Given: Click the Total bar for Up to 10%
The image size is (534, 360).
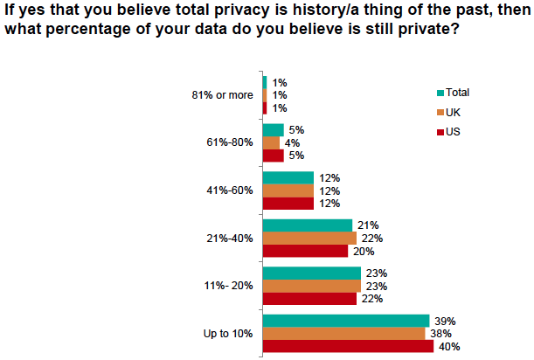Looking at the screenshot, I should pos(346,321).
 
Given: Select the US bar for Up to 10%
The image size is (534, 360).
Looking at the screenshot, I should pos(348,346).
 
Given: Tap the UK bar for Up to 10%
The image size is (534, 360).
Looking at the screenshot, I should pos(344,334).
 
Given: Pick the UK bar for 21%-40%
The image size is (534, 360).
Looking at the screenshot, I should pos(309,238).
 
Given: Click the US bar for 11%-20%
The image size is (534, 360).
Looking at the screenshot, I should pos(309,298).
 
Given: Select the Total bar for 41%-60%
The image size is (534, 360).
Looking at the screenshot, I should pos(288,177).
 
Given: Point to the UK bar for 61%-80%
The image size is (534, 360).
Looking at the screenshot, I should pos(271,142).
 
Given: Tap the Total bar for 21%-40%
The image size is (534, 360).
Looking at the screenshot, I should pos(308,225).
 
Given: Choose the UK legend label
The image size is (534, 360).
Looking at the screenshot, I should pos(453,112).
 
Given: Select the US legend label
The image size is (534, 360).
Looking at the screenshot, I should pos(453,132).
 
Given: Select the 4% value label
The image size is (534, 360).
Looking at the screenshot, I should pos(291,143).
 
